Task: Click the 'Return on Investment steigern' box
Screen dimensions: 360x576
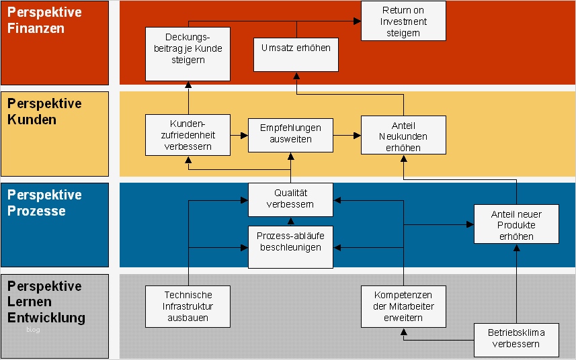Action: point(403,21)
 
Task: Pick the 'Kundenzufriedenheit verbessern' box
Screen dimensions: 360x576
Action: point(188,135)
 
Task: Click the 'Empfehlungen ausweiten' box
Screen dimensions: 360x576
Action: point(290,135)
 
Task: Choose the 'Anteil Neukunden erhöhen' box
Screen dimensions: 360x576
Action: point(403,135)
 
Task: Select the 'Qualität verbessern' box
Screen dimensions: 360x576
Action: point(290,199)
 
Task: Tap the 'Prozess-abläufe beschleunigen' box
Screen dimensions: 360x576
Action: point(290,242)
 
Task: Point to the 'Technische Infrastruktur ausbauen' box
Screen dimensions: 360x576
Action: point(188,306)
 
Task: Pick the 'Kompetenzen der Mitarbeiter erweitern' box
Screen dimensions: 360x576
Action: point(403,306)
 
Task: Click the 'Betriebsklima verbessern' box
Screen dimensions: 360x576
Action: point(516,339)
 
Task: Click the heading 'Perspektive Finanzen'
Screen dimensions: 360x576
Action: point(45,21)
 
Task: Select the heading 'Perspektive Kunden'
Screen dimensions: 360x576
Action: point(45,111)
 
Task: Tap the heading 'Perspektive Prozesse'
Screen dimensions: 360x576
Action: point(45,203)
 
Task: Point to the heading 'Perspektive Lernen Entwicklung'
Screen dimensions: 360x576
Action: point(46,302)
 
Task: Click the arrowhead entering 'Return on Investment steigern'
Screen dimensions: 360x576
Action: point(358,21)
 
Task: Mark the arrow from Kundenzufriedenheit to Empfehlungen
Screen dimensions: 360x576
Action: point(239,135)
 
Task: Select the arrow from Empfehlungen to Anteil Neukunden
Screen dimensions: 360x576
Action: point(346,135)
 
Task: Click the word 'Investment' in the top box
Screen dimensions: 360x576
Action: point(403,21)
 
